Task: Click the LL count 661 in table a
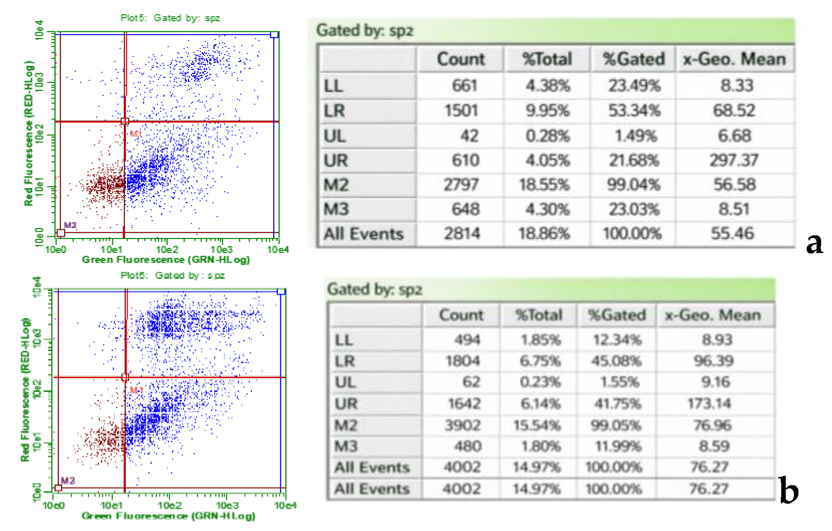coord(464,86)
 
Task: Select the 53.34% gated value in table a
coord(634,111)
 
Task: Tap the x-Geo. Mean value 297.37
coord(734,161)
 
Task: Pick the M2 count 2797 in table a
coord(461,185)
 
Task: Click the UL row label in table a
coord(335,136)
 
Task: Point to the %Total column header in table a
coord(547,59)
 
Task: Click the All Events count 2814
coord(462,234)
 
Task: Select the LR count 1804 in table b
coord(462,361)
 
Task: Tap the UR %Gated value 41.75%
coord(618,404)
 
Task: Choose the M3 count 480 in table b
coord(468,446)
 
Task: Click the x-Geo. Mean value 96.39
coord(713,361)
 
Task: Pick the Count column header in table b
coord(461,315)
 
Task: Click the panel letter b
coord(788,491)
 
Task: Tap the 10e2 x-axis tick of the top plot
coord(167,250)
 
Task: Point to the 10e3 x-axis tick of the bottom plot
coord(227,506)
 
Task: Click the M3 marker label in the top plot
coord(70,225)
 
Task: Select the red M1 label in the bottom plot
coord(136,390)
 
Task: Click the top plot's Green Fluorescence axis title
coord(166,260)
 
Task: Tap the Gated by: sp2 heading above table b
coord(374,289)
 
